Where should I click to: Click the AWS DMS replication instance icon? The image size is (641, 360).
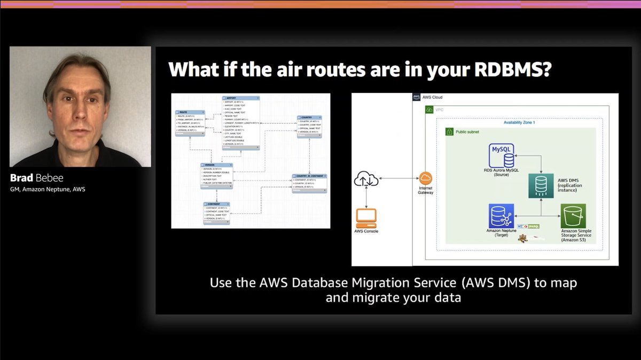[541, 185]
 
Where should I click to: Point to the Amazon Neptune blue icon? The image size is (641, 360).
[502, 216]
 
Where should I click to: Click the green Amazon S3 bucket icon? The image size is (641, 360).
[573, 216]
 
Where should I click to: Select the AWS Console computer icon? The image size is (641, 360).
[366, 217]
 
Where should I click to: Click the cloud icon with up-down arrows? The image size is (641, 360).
[366, 180]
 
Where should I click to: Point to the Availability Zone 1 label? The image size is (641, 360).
[519, 122]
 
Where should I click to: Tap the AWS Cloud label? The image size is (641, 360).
[433, 98]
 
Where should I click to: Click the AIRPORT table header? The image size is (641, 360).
[240, 98]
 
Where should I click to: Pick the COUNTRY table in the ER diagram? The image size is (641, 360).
[309, 126]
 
